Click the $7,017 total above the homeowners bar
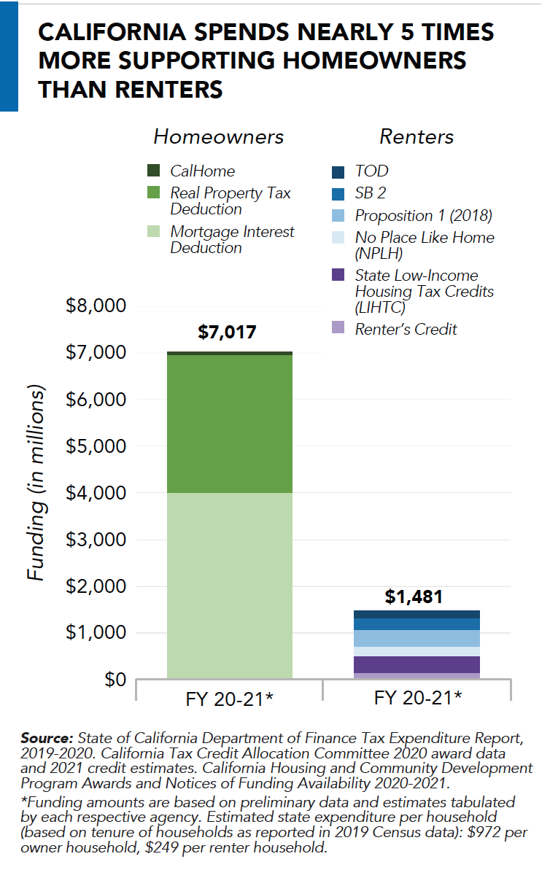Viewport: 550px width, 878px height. [227, 333]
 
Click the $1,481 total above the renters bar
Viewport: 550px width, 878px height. [413, 597]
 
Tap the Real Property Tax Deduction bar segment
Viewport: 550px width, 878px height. [230, 424]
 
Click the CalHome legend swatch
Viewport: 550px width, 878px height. [153, 171]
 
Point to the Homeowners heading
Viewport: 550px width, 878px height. [218, 137]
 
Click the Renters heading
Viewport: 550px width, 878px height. [417, 137]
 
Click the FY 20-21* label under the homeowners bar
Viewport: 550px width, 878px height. [229, 699]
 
